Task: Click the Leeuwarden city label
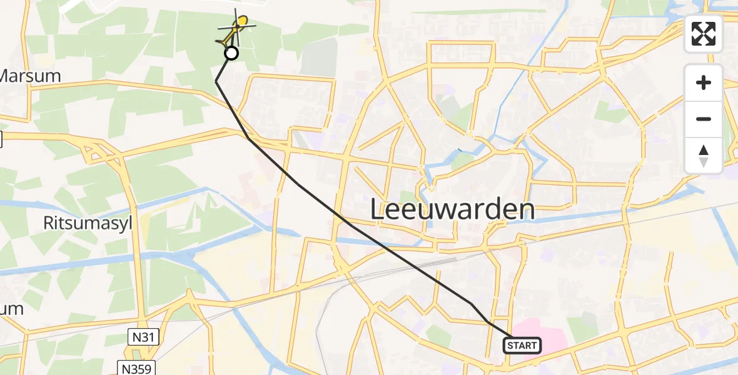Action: [452, 210]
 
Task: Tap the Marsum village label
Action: [30, 76]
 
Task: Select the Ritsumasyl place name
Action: [88, 224]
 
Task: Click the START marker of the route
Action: [522, 345]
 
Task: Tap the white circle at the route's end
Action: [231, 54]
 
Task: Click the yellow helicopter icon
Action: [238, 26]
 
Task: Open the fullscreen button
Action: [704, 34]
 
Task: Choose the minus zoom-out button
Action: [704, 119]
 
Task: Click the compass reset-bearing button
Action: [704, 155]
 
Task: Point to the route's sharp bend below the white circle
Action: [216, 81]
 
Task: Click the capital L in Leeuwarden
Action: [378, 210]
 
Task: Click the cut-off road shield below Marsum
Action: [1, 139]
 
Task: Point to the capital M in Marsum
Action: [6, 76]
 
